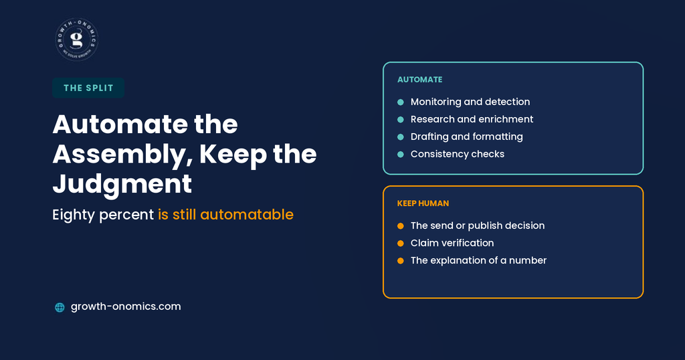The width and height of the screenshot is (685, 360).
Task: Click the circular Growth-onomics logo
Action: click(77, 39)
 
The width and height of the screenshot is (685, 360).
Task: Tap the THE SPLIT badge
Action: click(88, 88)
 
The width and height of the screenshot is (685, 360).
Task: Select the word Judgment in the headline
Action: click(122, 183)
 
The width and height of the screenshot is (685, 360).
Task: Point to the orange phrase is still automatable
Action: click(225, 215)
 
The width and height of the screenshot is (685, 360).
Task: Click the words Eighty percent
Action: click(103, 215)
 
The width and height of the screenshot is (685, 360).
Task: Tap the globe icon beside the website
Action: click(60, 307)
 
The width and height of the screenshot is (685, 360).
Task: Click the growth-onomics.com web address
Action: click(126, 306)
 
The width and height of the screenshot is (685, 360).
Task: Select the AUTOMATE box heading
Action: click(420, 80)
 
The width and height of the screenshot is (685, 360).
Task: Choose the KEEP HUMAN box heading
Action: click(423, 203)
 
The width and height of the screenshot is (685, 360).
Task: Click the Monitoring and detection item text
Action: click(470, 102)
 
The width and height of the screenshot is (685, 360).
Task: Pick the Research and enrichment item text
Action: click(472, 119)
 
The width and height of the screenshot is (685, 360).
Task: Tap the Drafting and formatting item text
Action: click(466, 137)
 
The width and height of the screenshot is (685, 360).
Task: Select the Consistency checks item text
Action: click(458, 154)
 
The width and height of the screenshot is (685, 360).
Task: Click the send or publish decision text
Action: click(478, 226)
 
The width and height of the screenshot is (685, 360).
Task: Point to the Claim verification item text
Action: click(452, 243)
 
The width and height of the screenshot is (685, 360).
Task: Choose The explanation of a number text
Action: click(478, 260)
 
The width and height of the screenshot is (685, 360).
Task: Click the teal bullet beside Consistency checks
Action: click(401, 154)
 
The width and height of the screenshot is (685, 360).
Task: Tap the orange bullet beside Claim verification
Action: click(401, 244)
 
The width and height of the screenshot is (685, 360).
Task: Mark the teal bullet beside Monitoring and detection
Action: click(401, 102)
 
